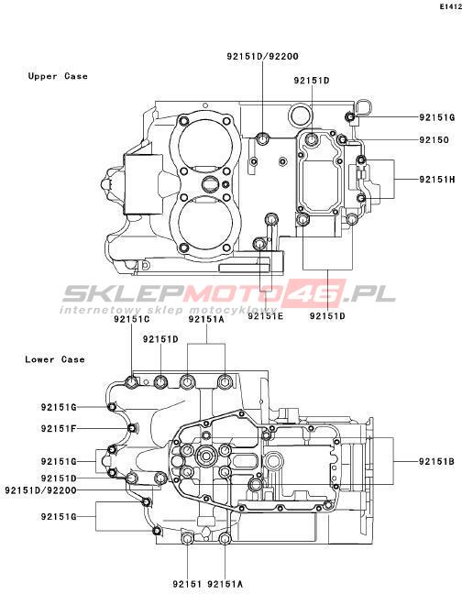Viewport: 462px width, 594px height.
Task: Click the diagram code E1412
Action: pos(451,6)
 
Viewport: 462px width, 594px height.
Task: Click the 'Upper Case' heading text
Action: pos(58,76)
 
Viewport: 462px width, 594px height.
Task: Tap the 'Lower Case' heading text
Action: pos(55,359)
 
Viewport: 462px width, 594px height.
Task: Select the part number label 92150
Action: pos(434,140)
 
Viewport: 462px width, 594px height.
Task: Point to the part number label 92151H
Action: pos(436,179)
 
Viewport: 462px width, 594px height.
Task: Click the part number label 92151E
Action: pos(266,315)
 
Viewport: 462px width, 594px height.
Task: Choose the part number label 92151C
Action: pos(132,319)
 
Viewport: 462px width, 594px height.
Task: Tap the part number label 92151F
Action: pos(59,428)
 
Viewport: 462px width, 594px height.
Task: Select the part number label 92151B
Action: pos(436,461)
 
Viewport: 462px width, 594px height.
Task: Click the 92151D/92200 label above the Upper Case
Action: pos(263,57)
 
